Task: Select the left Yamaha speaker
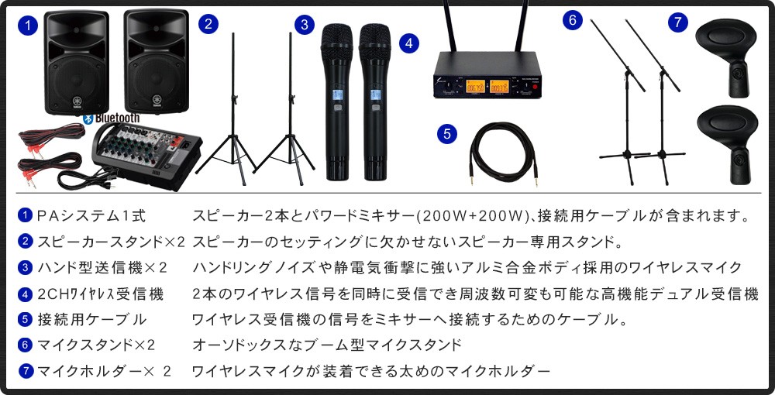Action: (x=77, y=62)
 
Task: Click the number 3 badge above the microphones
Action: (x=305, y=25)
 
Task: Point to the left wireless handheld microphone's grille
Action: (x=337, y=37)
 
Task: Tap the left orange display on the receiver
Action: (x=476, y=87)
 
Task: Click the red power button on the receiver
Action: (x=535, y=87)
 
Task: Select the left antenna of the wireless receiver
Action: (x=449, y=26)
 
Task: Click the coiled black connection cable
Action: (x=502, y=153)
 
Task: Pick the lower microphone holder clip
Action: (x=727, y=144)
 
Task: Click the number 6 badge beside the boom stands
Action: (x=573, y=20)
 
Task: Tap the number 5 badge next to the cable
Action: (x=447, y=134)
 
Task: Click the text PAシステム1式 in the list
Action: (x=91, y=216)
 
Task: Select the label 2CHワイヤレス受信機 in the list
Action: (x=100, y=294)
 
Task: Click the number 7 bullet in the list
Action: (x=26, y=371)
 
